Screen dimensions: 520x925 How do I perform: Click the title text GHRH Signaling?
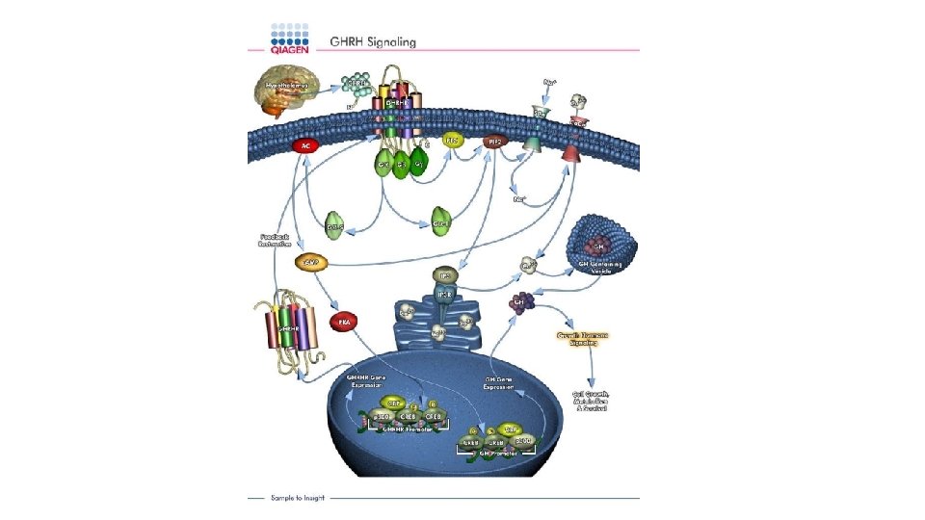tap(373, 41)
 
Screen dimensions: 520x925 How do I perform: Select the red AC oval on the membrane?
tap(306, 145)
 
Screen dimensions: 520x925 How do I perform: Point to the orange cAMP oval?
tap(311, 262)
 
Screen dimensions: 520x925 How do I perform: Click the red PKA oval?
tap(343, 320)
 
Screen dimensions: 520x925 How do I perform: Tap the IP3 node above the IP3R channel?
tap(444, 275)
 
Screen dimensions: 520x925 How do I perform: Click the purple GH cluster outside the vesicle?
tap(523, 301)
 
